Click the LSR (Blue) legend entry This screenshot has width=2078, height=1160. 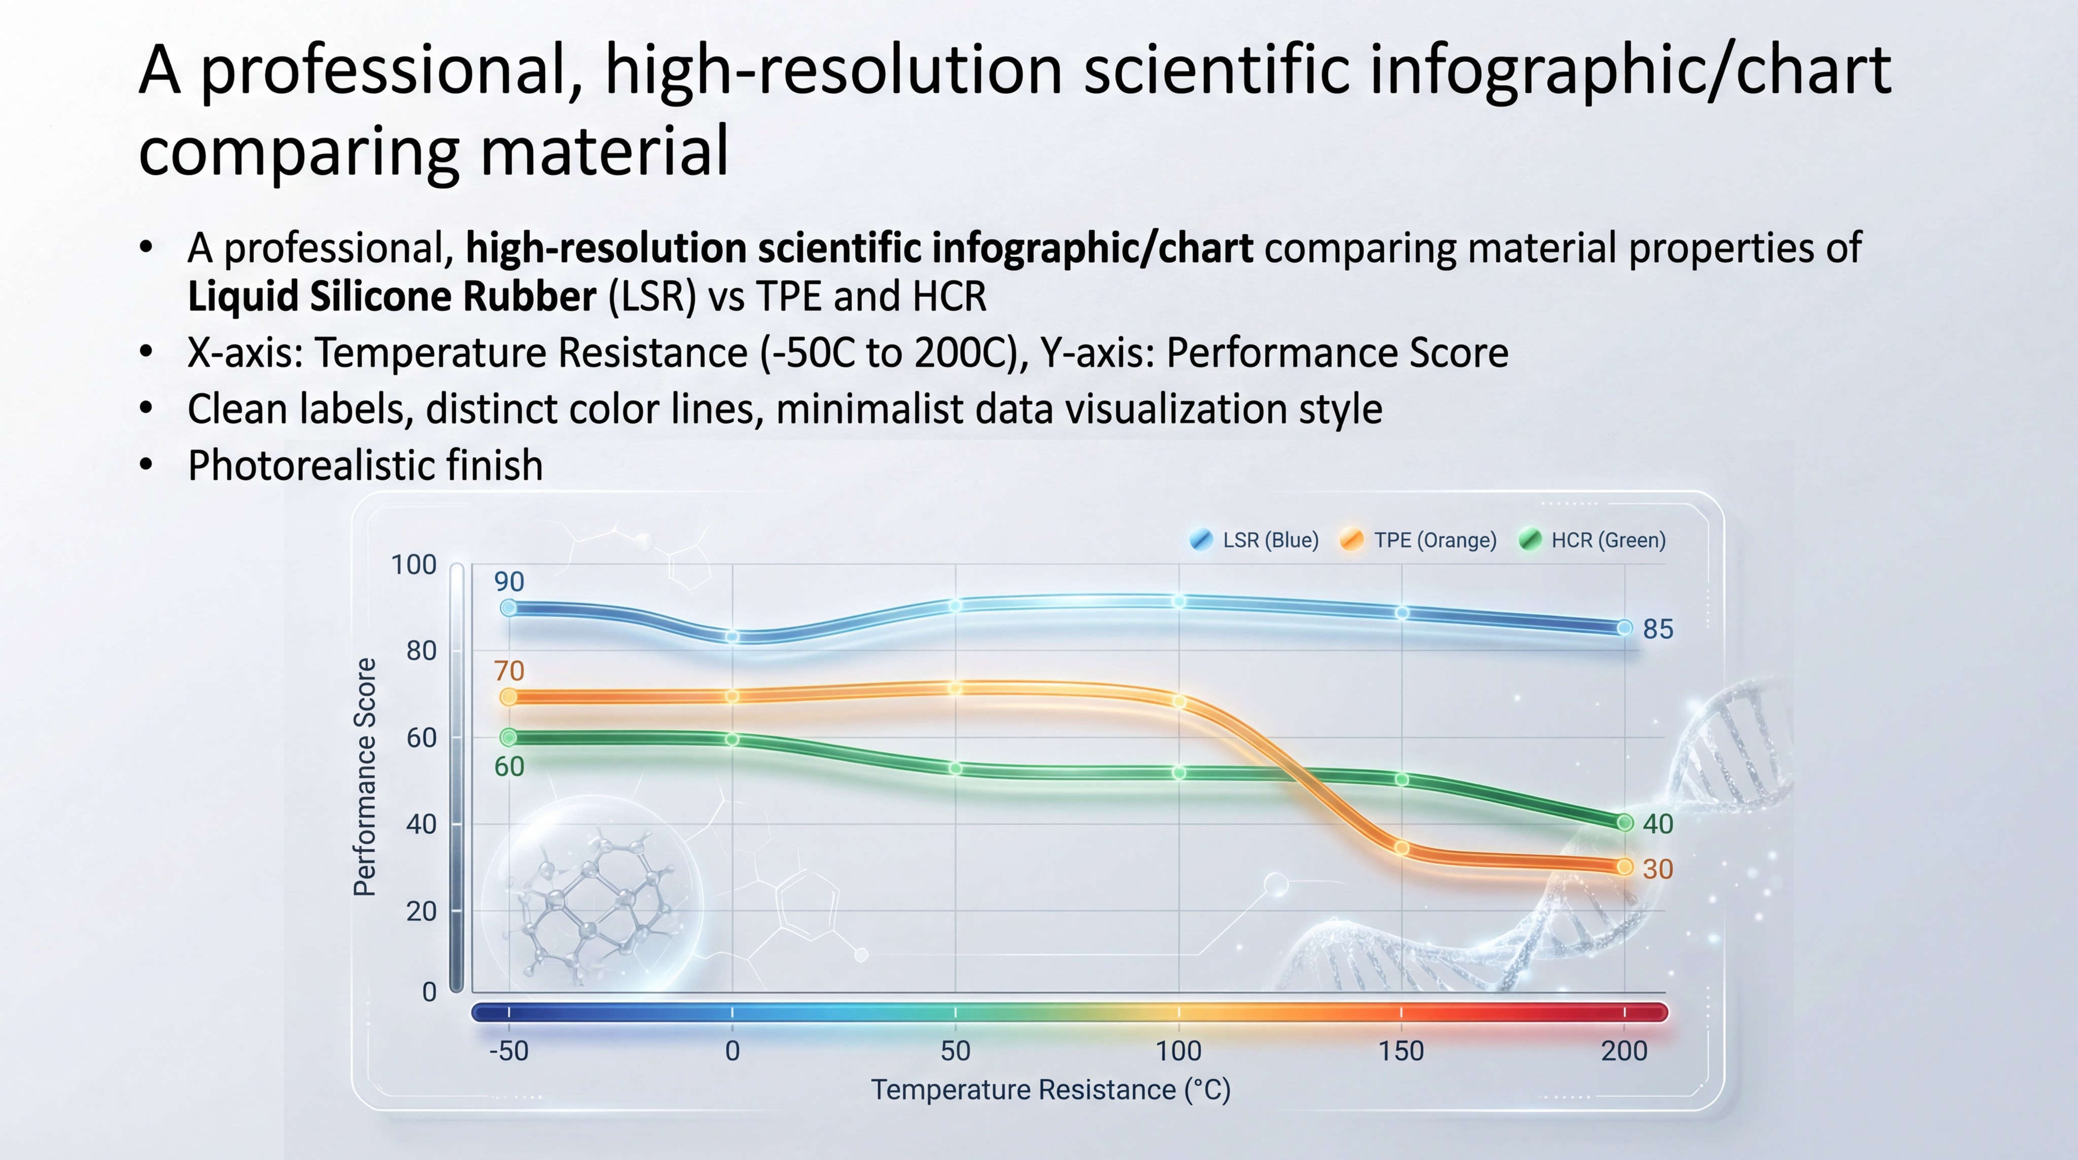(1255, 540)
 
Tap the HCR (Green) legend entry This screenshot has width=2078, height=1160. (1593, 540)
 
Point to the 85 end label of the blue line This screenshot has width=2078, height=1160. (1658, 629)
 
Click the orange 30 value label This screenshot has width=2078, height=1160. (1658, 869)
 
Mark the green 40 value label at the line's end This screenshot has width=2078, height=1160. (1658, 824)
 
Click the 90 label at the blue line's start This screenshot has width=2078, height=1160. (509, 582)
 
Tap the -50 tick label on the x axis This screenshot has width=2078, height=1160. (509, 1051)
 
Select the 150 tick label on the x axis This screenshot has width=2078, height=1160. (1401, 1051)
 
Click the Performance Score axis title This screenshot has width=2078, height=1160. (365, 777)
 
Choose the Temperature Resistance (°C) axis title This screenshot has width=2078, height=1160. (1050, 1090)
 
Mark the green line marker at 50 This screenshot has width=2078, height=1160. (955, 769)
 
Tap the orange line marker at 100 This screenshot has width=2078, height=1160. (1179, 702)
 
